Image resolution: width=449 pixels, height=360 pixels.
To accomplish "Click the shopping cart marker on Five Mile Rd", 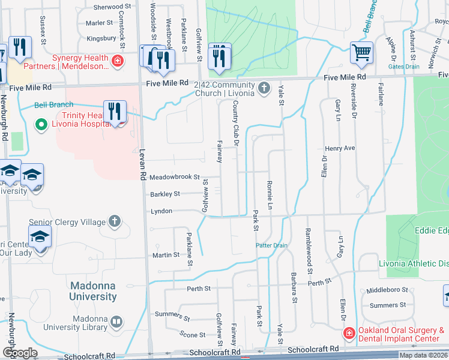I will coord(361,53).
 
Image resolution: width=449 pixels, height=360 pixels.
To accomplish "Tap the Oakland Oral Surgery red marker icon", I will coord(348,332).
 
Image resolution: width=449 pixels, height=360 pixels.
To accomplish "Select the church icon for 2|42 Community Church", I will coord(263,89).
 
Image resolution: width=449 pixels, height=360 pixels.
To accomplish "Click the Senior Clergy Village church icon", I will coord(115,222).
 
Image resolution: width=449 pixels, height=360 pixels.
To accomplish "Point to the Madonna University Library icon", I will coord(116,324).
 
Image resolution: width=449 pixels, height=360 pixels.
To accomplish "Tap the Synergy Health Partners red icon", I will coord(118,61).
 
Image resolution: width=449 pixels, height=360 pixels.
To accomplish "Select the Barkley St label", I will coord(164,194).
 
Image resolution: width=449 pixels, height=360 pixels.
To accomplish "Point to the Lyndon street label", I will coord(161,211).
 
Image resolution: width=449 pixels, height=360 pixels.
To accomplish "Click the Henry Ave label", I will coord(340,148).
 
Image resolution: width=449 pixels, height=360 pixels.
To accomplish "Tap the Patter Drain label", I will coord(272,245).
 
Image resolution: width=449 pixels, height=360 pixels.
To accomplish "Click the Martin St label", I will coord(166,255).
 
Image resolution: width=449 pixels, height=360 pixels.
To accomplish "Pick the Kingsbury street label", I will coord(101,38).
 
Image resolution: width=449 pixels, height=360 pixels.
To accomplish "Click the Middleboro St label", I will coord(388,290).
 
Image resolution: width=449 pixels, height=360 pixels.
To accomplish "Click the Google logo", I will coord(20,353).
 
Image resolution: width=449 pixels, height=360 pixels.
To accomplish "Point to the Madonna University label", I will coord(93,291).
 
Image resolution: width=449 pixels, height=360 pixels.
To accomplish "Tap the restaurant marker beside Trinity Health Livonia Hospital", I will coord(113,112).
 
